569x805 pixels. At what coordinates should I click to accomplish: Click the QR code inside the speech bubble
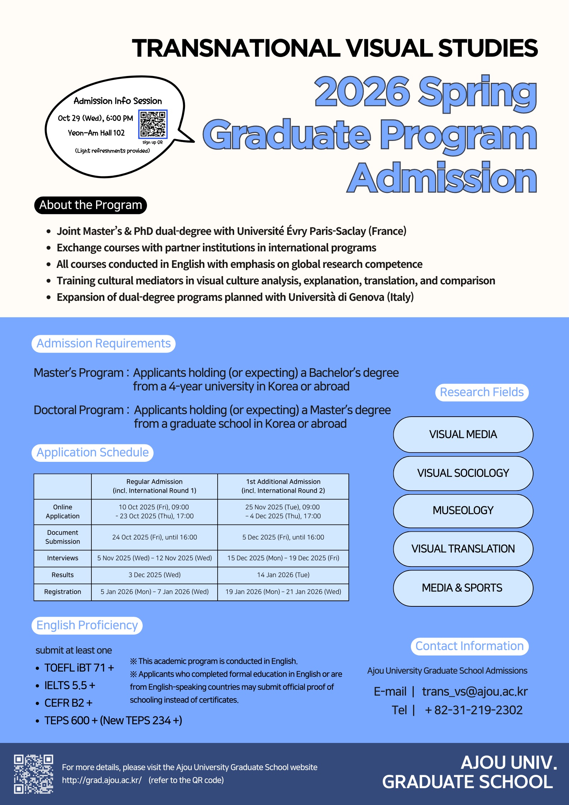pos(153,124)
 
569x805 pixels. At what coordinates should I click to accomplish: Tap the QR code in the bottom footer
pos(34,774)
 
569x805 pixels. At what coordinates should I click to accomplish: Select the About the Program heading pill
pos(91,205)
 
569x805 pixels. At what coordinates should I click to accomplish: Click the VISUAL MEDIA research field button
pos(463,435)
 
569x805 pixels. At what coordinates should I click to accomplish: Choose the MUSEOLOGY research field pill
pos(463,511)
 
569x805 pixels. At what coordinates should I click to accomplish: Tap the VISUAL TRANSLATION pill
pos(463,549)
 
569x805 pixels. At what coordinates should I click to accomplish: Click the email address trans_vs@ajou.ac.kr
pos(475,692)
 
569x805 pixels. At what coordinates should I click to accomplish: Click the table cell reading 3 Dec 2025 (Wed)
pos(155,575)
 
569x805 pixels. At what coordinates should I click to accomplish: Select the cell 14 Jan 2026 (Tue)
pos(283,575)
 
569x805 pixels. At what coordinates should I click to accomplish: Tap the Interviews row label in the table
pos(63,558)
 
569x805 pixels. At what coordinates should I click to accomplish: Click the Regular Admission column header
pos(155,486)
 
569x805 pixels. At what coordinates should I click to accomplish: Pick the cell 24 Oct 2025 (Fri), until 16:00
pos(155,538)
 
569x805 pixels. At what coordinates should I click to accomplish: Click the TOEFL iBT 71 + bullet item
pos(79,668)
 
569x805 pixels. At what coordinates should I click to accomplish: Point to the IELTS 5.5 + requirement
pos(70,686)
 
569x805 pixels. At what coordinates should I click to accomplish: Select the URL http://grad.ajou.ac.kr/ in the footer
pos(102,780)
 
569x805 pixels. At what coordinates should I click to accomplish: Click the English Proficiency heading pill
pos(87,625)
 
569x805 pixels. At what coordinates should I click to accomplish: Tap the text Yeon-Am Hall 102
pos(96,133)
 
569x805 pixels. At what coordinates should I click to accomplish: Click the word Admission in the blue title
pos(442,178)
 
